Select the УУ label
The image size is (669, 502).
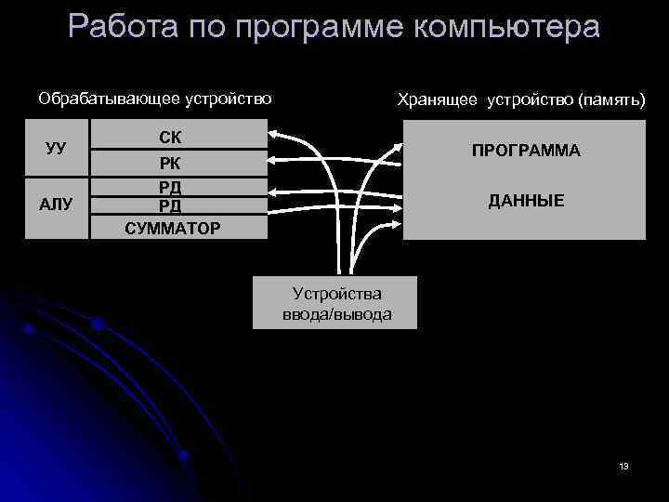coord(56,149)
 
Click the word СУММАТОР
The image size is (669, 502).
coord(173,225)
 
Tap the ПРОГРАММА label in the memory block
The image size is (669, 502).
coord(525,151)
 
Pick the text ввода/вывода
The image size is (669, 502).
coord(336,314)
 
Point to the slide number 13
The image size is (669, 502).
coord(623,466)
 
